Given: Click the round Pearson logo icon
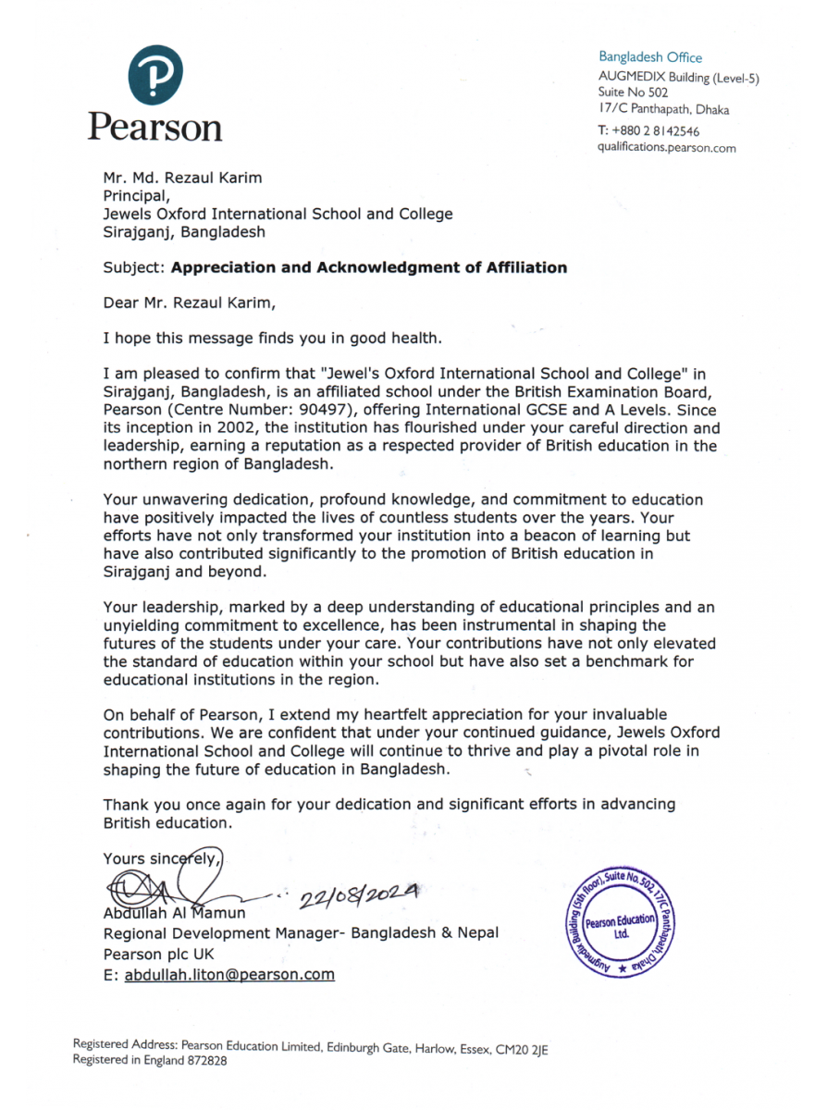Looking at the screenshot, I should (154, 76).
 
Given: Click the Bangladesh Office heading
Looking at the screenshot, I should (649, 57).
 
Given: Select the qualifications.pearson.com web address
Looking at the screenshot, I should (666, 148).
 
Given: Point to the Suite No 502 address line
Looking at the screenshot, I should (633, 92).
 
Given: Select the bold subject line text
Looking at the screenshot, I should (369, 267).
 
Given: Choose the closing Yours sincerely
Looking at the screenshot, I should (161, 858).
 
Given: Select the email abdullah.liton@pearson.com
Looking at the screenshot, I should (229, 974).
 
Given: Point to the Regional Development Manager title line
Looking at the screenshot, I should (301, 933).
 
